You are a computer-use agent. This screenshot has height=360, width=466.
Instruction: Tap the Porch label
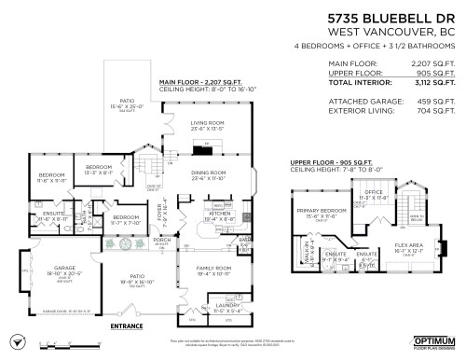pos(161,239)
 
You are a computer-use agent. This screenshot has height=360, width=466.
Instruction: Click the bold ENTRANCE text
pos(127,326)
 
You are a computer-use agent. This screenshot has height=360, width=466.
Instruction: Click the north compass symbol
pos(14,342)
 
